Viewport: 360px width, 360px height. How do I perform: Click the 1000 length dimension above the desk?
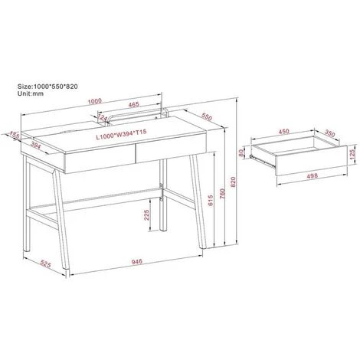pos(95,101)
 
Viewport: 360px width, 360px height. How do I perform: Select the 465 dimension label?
pos(133,104)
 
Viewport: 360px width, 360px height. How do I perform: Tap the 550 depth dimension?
pos(207,116)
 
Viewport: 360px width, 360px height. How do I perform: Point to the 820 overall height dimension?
pos(233,182)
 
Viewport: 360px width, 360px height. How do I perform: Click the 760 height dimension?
pos(222,194)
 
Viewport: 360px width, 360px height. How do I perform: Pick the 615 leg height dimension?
pos(211,201)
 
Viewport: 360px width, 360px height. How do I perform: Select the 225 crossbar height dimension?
pos(146,215)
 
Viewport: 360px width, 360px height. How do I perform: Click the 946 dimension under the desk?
pos(136,261)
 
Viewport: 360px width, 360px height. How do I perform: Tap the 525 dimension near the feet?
pos(46,263)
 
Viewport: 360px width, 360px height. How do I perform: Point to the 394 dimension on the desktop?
pos(36,145)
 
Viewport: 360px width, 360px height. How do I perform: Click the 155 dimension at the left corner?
pos(15,135)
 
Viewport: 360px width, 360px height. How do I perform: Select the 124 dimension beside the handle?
pos(103,118)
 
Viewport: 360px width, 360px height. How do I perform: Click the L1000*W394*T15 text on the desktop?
pos(121,135)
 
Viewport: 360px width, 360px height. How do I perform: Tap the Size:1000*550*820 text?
pos(47,87)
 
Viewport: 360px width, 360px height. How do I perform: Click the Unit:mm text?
pos(31,93)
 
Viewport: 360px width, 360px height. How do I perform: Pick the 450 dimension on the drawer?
pos(283,131)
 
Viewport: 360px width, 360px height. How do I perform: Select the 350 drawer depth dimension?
pos(329,133)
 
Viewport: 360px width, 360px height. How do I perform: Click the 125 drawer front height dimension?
pos(352,155)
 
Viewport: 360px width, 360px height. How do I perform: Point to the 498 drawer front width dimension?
pos(313,175)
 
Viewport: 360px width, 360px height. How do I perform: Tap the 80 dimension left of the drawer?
pos(241,152)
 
